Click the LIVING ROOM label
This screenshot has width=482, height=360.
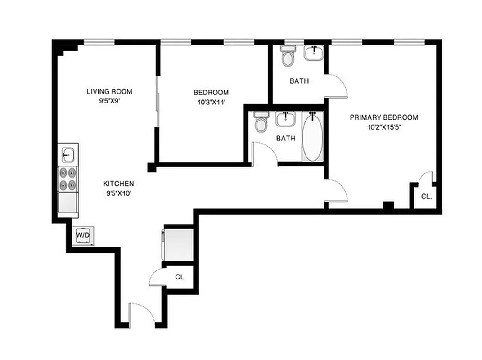click(x=109, y=91)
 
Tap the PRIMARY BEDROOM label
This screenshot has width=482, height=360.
click(x=384, y=117)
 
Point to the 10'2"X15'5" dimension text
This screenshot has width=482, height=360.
click(x=384, y=127)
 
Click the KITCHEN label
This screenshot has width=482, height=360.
click(x=118, y=184)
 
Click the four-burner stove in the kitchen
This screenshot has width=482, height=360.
click(x=68, y=179)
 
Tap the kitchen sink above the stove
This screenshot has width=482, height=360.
click(x=68, y=155)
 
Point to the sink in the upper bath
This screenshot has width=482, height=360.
click(x=314, y=53)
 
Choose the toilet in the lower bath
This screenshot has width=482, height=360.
click(x=261, y=122)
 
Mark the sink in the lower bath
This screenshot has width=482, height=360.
click(x=285, y=120)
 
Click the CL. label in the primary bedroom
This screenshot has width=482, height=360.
click(x=426, y=197)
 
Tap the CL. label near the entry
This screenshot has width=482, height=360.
click(x=180, y=277)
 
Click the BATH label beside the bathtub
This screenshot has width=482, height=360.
click(x=286, y=138)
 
